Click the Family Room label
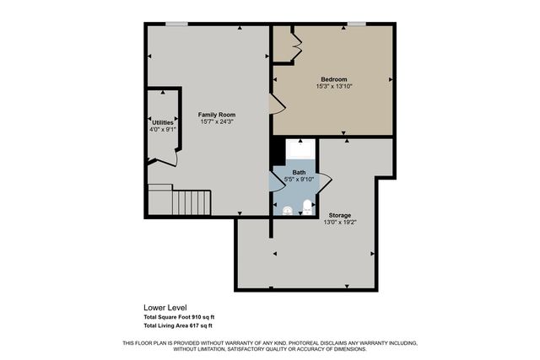tap(217, 114)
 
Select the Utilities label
tap(162, 122)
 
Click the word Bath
tap(300, 172)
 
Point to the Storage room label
tap(340, 215)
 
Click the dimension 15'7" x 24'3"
tap(217, 121)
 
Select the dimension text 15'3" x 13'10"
tap(333, 86)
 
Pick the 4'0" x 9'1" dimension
tap(162, 130)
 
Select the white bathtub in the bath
tap(300, 153)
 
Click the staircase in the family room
tap(191, 202)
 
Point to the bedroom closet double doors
tap(295, 44)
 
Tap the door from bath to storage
tap(324, 181)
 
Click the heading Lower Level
tap(165, 308)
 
